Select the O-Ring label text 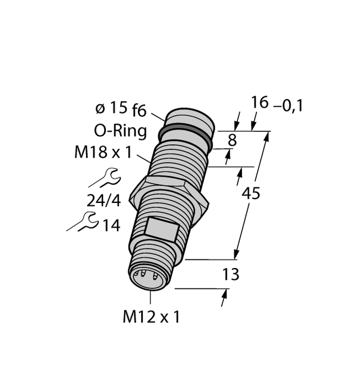coord(120,131)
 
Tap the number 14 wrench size coord(111,225)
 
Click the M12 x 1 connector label coord(151,317)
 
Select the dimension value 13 coord(230,275)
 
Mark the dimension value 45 coord(251,194)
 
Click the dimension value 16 coord(260,103)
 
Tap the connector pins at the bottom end coord(142,277)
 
